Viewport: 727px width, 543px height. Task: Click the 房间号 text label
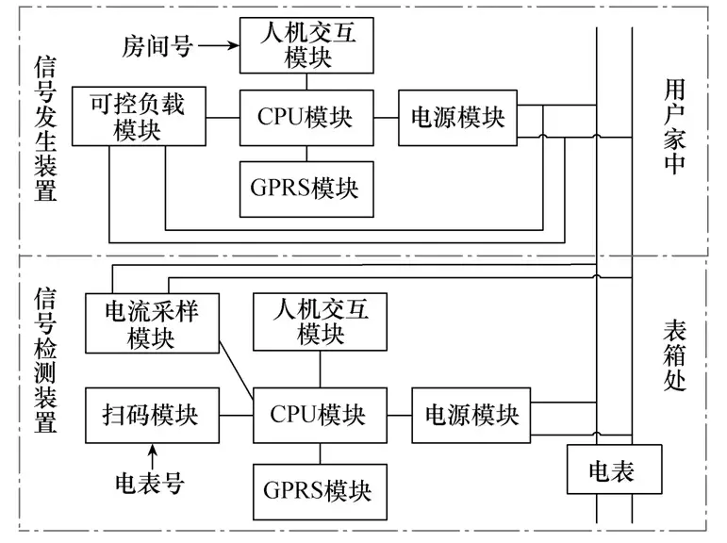157,46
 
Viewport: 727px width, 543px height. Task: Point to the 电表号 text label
150,484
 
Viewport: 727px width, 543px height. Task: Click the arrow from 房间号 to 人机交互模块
219,45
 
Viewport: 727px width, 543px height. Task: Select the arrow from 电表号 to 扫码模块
152,457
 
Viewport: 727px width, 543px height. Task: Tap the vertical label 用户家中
674,126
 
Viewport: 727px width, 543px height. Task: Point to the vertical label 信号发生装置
45,129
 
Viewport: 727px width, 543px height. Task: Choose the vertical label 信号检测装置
45,360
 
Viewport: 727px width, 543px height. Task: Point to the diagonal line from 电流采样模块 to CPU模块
236,370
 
